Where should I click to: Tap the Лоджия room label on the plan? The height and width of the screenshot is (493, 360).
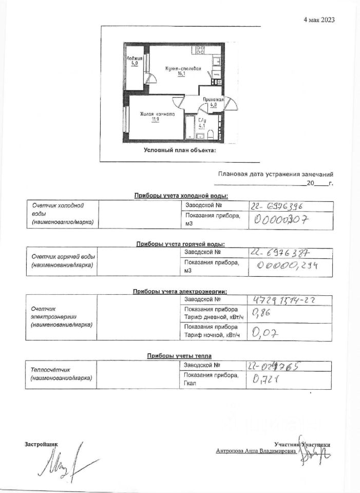[x=135, y=62]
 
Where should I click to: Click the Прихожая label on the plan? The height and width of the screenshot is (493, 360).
[x=213, y=101]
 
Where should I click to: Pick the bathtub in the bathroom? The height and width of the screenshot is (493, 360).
[x=190, y=127]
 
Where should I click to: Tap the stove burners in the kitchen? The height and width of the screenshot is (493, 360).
[x=199, y=49]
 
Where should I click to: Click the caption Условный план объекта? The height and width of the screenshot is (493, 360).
[x=180, y=150]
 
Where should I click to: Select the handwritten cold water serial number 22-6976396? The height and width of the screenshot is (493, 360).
[x=277, y=206]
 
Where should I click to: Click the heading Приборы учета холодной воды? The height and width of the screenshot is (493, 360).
[x=181, y=195]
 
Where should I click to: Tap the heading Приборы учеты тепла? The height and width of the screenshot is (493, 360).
[x=179, y=355]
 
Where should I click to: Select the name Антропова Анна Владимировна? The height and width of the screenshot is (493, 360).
[x=256, y=450]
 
